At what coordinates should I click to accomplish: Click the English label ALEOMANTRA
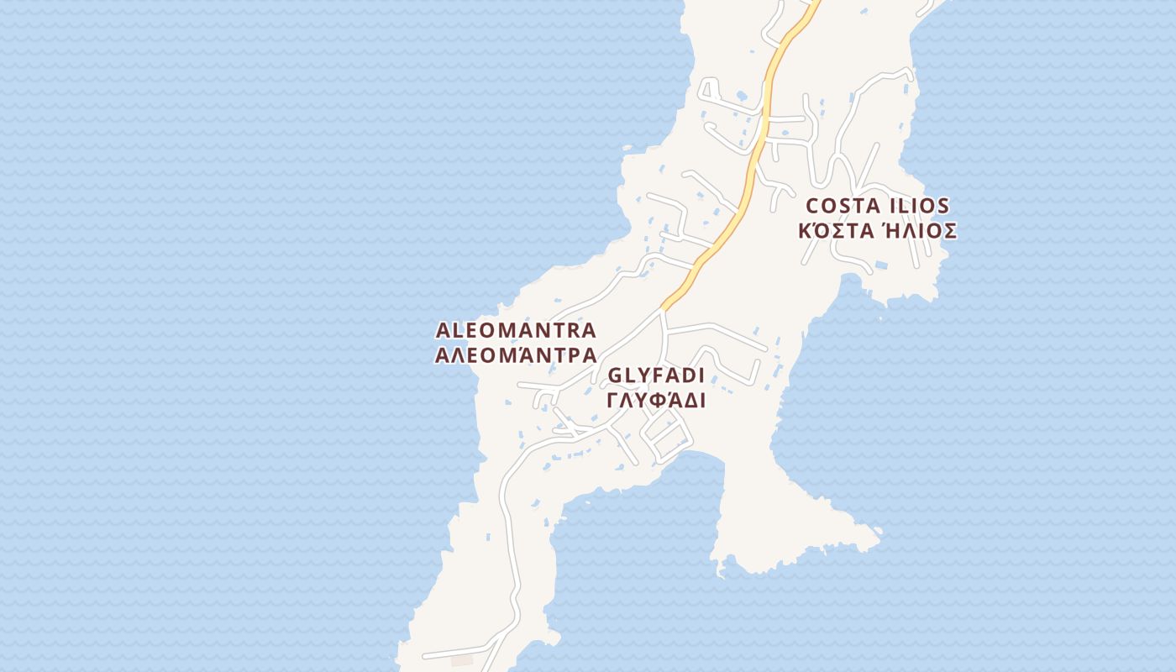[x=516, y=330]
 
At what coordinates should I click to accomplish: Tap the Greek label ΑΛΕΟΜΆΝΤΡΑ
[x=516, y=354]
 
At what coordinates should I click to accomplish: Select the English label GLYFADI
[x=656, y=375]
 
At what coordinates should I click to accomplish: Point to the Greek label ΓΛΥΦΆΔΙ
[x=656, y=400]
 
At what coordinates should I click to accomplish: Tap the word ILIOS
[x=920, y=206]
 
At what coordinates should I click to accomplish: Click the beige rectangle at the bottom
[x=462, y=661]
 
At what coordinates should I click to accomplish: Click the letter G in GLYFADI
[x=615, y=375]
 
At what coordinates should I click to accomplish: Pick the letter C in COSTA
[x=813, y=206]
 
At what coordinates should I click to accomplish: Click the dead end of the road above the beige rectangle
[x=424, y=655]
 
